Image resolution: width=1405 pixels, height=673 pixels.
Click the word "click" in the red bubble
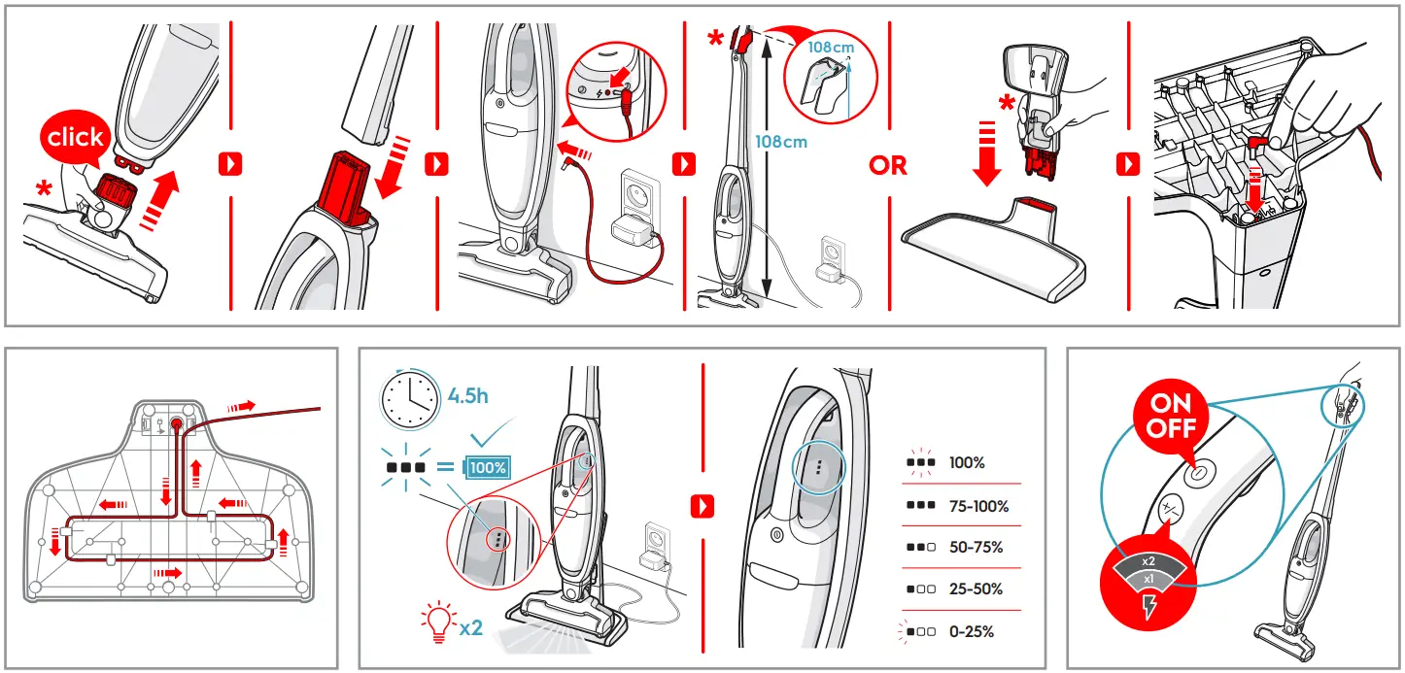tap(75, 138)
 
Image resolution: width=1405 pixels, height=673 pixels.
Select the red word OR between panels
tap(887, 166)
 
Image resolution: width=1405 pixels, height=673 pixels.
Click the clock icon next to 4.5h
tap(409, 397)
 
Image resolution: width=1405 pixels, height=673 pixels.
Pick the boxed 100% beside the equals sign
tap(488, 467)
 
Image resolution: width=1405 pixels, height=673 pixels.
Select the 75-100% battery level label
tap(978, 507)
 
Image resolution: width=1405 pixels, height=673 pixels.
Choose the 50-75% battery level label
tap(976, 548)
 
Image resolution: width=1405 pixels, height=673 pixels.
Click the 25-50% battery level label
tap(976, 589)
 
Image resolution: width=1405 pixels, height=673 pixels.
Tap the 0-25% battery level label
tap(972, 632)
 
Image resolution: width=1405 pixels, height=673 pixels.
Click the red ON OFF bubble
tap(1171, 415)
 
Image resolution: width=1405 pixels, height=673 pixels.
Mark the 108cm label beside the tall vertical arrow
tap(781, 142)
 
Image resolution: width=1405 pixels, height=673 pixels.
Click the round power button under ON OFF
tap(1197, 472)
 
